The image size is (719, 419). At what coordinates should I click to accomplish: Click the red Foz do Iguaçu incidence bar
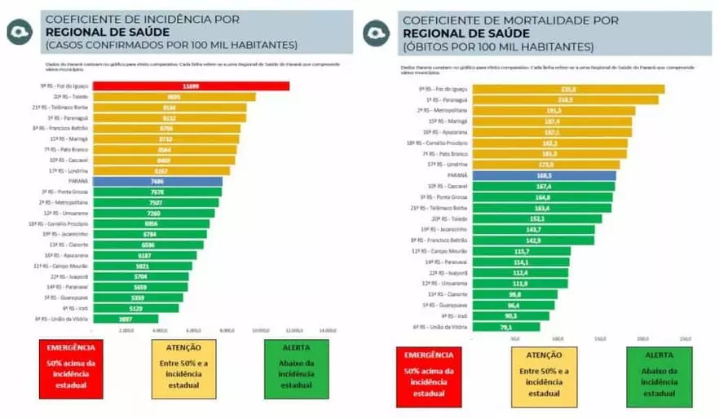point(191,86)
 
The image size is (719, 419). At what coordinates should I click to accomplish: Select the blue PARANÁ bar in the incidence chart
point(157,181)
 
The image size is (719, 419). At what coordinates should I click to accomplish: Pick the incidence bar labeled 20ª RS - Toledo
point(174,96)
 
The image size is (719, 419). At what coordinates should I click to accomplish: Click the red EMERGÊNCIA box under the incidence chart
point(71,368)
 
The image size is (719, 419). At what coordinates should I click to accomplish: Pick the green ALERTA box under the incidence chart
point(296,368)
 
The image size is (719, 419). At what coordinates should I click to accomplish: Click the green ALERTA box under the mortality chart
point(659,377)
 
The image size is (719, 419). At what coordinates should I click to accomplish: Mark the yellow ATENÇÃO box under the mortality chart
point(544,377)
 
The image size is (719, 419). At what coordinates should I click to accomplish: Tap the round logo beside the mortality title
point(376,32)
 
